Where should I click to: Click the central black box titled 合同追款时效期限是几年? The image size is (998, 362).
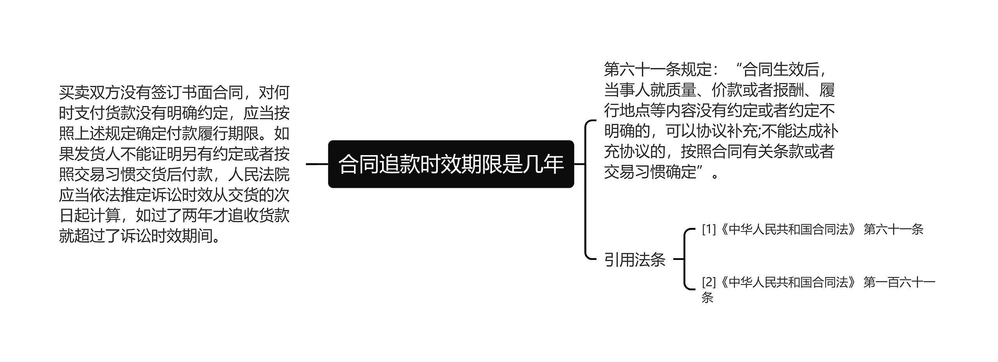[x=451, y=164]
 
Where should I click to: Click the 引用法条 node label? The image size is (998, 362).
[x=635, y=260]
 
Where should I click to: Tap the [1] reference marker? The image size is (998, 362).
[x=709, y=230]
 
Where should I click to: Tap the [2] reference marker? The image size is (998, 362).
[x=709, y=282]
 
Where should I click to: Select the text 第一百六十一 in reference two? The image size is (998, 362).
[x=899, y=282]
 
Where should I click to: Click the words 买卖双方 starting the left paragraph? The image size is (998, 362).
[x=89, y=93]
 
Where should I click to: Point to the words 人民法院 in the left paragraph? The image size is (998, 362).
[x=258, y=175]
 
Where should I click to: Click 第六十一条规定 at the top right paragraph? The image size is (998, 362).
[x=658, y=70]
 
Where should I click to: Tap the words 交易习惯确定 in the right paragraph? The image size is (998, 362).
[x=650, y=172]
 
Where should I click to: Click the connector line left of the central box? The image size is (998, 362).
[x=317, y=164]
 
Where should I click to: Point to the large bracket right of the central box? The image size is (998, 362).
[x=586, y=189]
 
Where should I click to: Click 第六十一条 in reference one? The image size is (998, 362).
[x=894, y=230]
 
